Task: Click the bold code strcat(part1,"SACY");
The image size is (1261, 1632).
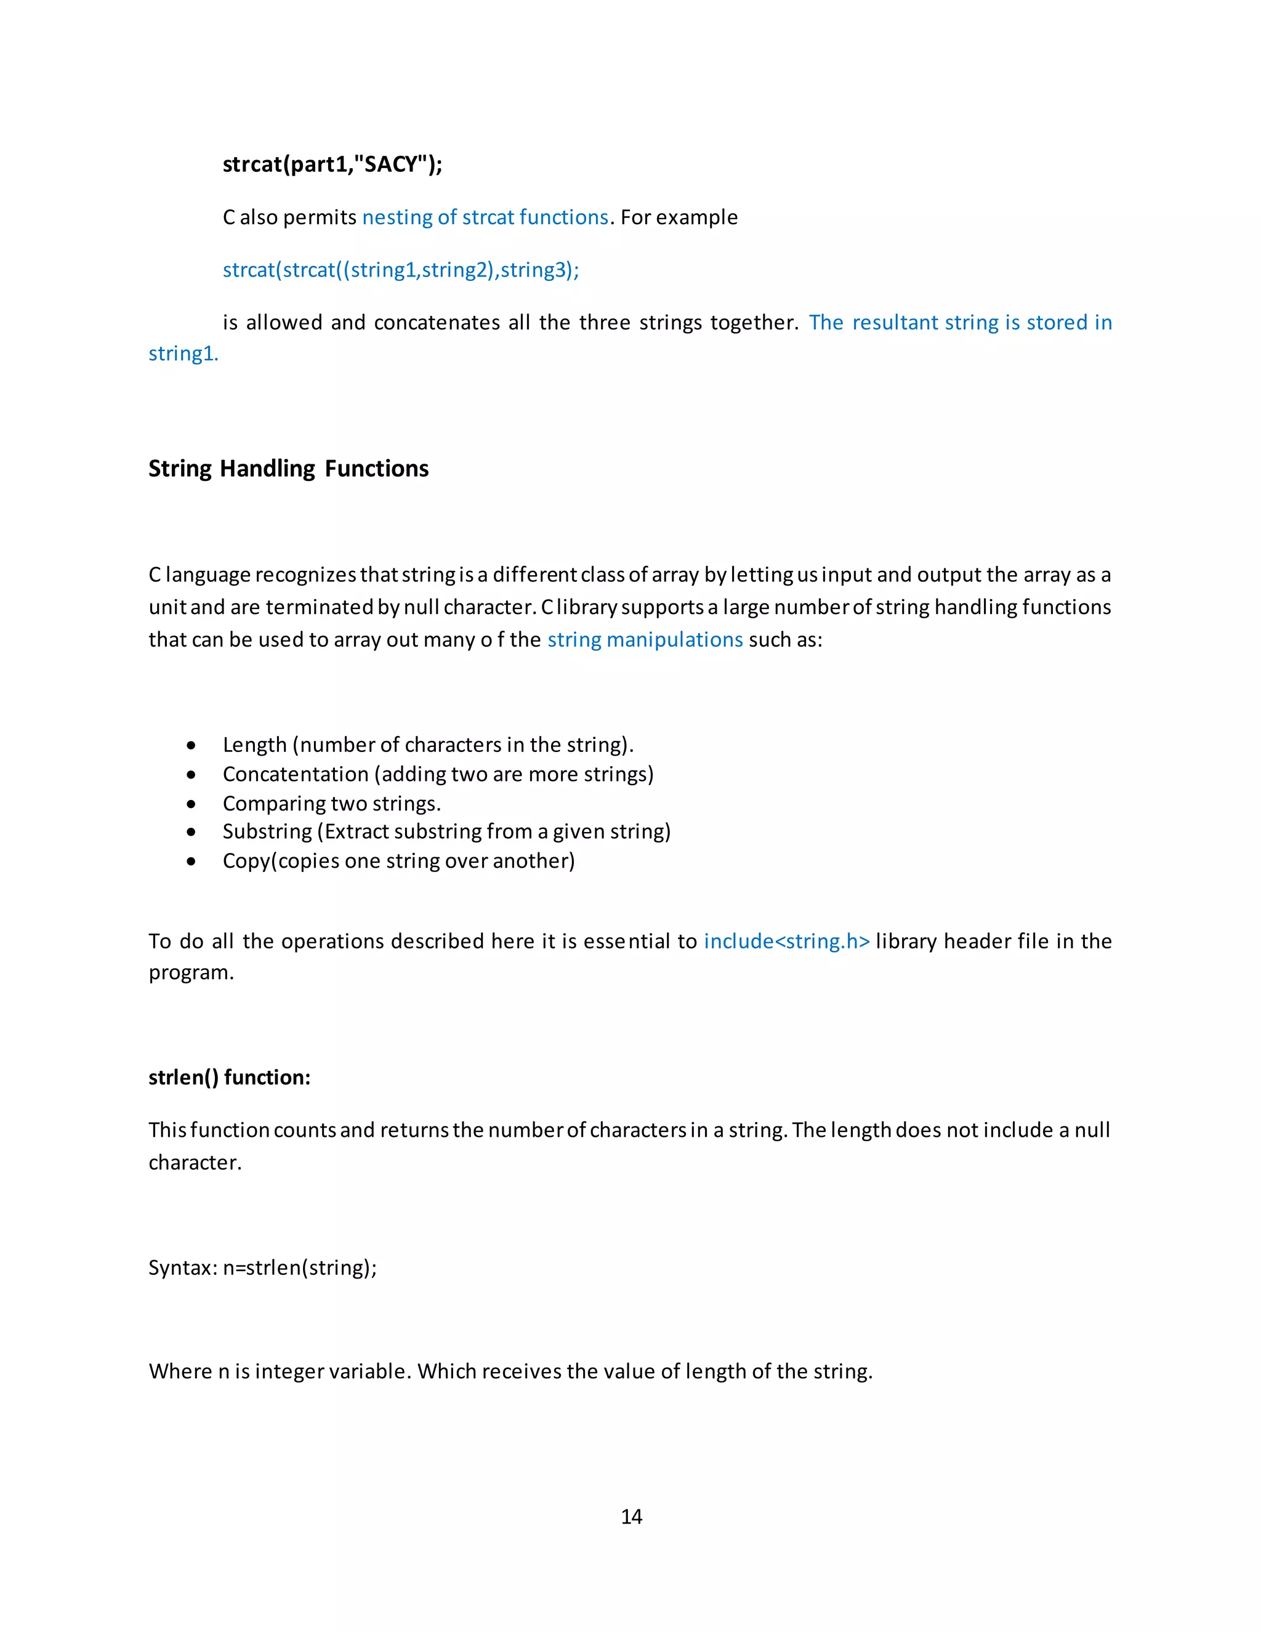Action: pyautogui.click(x=332, y=164)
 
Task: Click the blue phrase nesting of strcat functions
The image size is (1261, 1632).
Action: pyautogui.click(x=485, y=217)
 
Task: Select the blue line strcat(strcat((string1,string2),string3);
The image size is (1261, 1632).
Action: pyautogui.click(x=400, y=270)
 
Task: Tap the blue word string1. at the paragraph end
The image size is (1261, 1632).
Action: pyautogui.click(x=183, y=353)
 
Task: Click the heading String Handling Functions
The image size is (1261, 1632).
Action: pyautogui.click(x=288, y=469)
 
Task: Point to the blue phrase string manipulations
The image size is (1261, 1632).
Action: pyautogui.click(x=645, y=640)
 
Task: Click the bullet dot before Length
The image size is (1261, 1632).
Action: pyautogui.click(x=192, y=746)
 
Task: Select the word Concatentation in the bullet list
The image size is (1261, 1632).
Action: pyautogui.click(x=295, y=774)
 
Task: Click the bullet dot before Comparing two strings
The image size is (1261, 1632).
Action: pyautogui.click(x=192, y=804)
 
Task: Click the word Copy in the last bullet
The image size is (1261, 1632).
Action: pyautogui.click(x=246, y=861)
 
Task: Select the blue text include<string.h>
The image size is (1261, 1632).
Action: pyautogui.click(x=787, y=941)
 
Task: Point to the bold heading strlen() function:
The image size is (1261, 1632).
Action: pyautogui.click(x=229, y=1078)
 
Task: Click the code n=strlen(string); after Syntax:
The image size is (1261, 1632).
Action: pyautogui.click(x=300, y=1268)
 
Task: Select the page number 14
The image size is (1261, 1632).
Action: pyautogui.click(x=631, y=1517)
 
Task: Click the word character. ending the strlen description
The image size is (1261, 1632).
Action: pyautogui.click(x=195, y=1163)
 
